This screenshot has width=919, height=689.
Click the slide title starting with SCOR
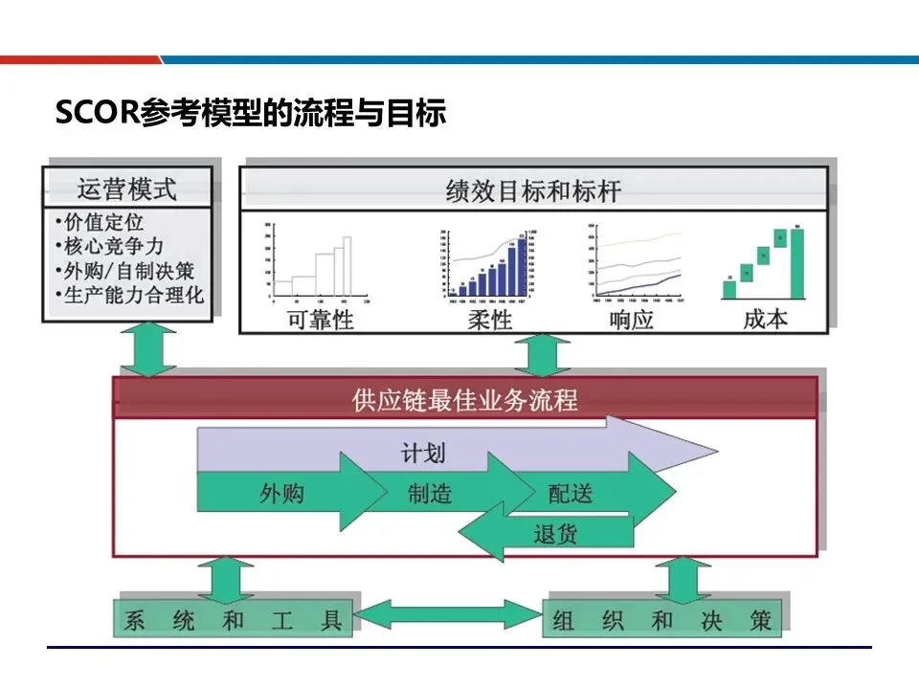pos(251,114)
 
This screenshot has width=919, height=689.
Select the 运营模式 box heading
pos(126,188)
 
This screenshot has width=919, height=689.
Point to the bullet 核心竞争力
pos(111,246)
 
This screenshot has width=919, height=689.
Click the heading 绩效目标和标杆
pos(533,190)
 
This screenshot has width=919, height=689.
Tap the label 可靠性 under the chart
pos(320,319)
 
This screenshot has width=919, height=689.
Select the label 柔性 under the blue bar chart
pos(489,319)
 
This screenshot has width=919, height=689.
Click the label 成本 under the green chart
pos(765,319)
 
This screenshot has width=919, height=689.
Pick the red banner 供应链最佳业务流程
pos(465,398)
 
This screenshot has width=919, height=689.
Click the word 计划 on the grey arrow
pos(422,452)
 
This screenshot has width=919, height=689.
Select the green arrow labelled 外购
pos(281,493)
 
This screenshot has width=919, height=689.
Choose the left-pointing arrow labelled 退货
pos(555,532)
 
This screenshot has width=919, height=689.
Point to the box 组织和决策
pos(661,620)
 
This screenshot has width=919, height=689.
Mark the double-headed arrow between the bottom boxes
pos(448,613)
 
